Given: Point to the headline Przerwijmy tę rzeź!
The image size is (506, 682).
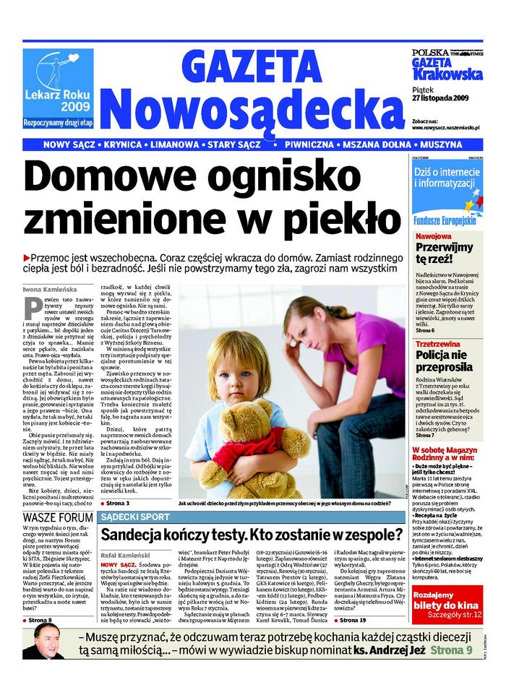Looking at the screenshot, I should pos(444,252).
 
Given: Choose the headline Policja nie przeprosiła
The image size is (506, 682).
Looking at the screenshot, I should pos(444,360).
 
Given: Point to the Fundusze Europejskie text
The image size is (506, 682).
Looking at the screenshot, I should pos(440,217).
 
